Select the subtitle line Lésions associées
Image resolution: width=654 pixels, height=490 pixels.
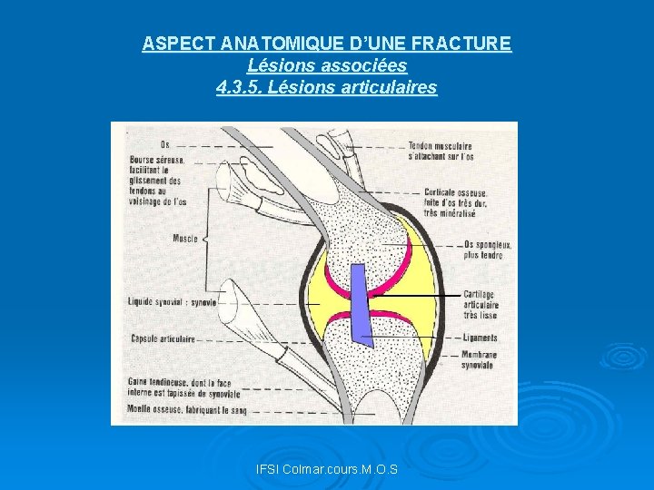pyautogui.click(x=327, y=65)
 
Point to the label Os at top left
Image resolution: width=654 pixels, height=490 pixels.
pyautogui.click(x=164, y=144)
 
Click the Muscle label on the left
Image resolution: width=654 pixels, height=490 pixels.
pyautogui.click(x=184, y=239)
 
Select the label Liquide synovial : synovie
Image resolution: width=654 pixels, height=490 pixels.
pyautogui.click(x=172, y=302)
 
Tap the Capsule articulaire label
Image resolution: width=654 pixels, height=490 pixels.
pyautogui.click(x=161, y=339)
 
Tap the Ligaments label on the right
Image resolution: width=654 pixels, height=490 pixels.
pyautogui.click(x=481, y=337)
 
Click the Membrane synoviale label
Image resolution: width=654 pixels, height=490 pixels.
pyautogui.click(x=478, y=359)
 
